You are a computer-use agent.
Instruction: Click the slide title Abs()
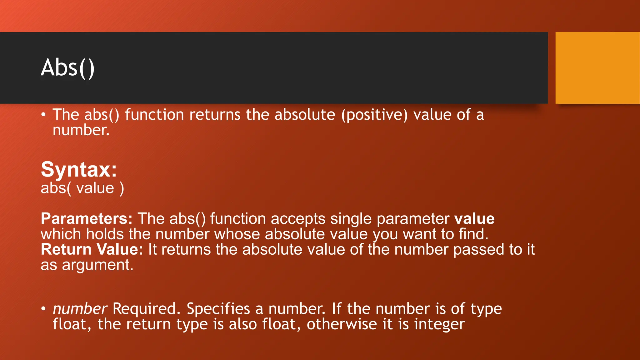(67, 68)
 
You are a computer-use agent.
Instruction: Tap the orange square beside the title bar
(597, 68)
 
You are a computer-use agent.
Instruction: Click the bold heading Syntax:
(79, 169)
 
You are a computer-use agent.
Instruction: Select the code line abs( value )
(82, 188)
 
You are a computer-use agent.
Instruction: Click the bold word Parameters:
(87, 218)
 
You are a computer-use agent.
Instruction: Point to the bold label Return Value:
(92, 249)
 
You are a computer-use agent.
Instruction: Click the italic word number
(80, 309)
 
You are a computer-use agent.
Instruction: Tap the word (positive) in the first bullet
(374, 115)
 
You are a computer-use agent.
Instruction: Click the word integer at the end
(439, 324)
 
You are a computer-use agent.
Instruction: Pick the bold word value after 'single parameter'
(474, 218)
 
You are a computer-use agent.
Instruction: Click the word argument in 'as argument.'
(97, 265)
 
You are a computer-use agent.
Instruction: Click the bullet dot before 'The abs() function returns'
(43, 115)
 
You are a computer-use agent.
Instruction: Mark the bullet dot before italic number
(43, 309)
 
